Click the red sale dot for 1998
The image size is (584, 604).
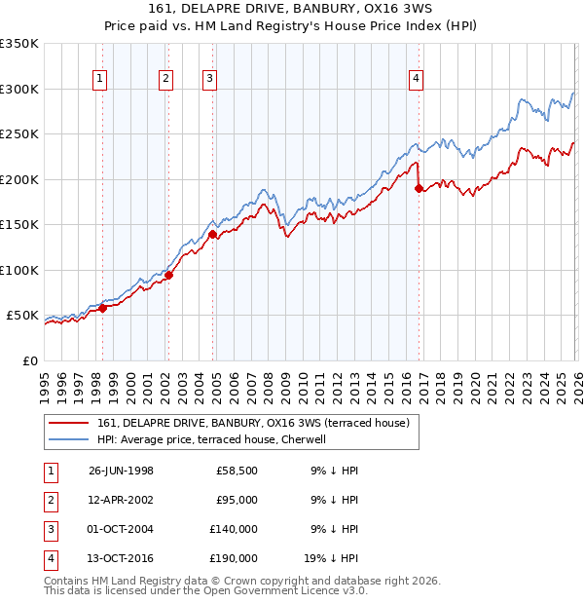pos(102,308)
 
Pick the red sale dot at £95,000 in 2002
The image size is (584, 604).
pos(167,275)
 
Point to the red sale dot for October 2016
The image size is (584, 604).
pos(418,188)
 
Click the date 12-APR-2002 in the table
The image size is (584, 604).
pos(121,500)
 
